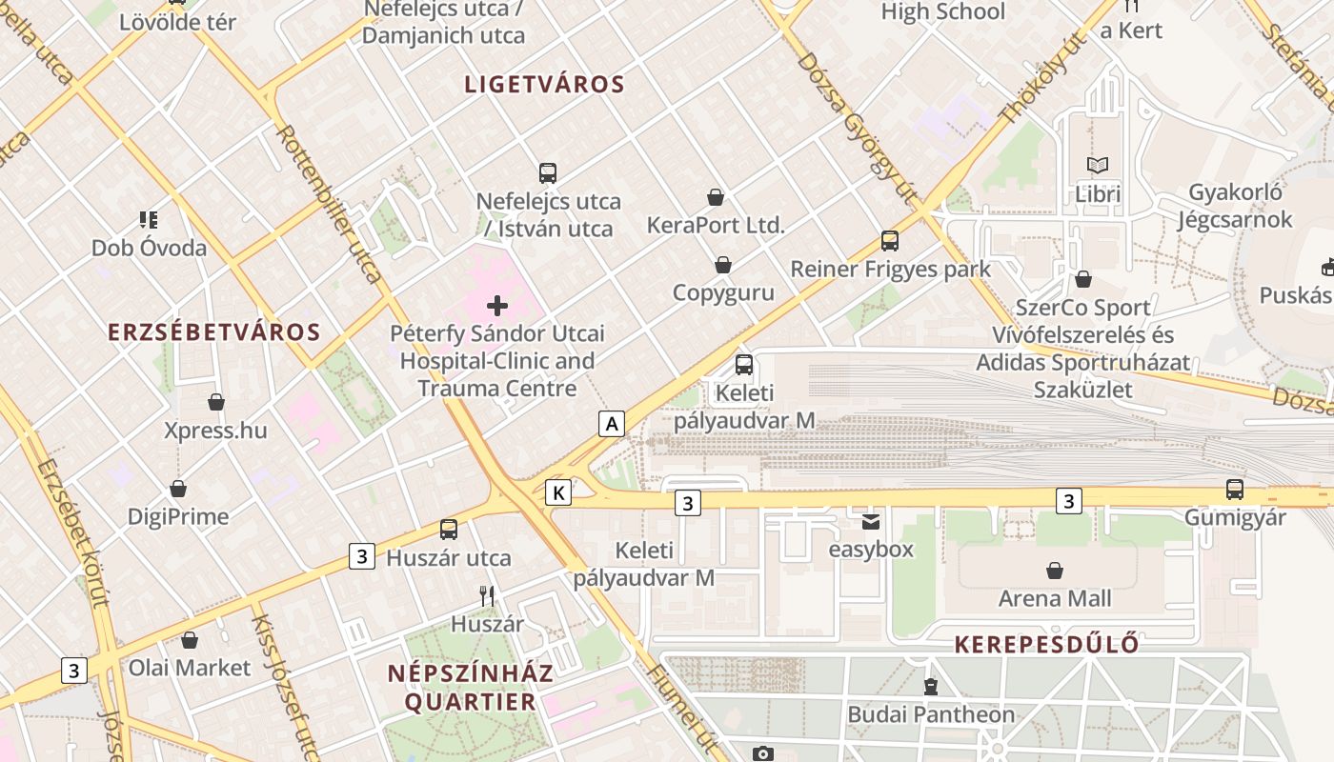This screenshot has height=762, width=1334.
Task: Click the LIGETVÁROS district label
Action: pos(544,84)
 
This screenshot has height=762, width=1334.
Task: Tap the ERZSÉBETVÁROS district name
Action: pos(214,332)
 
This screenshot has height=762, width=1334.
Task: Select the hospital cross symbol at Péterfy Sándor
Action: pos(497,306)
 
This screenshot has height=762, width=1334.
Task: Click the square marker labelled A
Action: pos(612,423)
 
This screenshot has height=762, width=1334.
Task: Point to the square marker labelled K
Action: pos(558,491)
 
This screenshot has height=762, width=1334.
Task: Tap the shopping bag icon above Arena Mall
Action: pos(1055,571)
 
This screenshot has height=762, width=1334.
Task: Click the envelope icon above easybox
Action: pos(871,522)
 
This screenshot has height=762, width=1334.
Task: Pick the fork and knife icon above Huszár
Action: pos(487,596)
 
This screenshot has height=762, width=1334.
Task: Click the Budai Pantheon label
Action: pos(931,714)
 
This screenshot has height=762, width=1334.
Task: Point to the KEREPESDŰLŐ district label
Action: pos(1046,645)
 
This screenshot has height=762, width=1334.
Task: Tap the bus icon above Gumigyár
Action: pos(1235,490)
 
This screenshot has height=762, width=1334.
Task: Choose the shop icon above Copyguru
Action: pos(723,265)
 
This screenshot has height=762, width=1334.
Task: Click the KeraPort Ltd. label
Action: pos(715,226)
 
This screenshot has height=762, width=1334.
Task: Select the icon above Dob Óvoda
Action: pos(149,220)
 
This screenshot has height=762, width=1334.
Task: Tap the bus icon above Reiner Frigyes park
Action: pos(890,241)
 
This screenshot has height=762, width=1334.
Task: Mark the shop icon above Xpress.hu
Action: pos(216,403)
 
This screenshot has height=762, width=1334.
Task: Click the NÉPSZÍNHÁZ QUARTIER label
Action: pos(470,688)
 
